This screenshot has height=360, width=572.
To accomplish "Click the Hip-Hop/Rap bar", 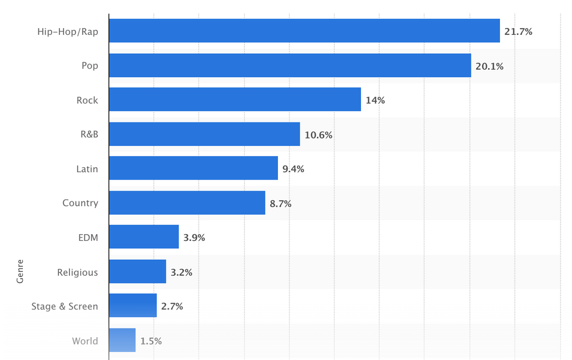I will coord(304,31).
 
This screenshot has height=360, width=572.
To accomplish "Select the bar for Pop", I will coord(289,65).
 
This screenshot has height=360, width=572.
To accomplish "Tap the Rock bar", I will coord(235,100).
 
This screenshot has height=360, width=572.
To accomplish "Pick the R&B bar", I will coord(204,134).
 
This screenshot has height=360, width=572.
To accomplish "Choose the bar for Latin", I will coord(193,168).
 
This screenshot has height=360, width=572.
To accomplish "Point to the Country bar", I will coord(187,203).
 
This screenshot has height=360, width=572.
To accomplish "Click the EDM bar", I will coord(144,237).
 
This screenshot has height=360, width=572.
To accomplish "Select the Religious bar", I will coord(137,271).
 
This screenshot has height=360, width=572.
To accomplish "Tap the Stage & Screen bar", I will coord(133,306).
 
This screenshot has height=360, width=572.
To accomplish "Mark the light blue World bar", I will coord(122,340).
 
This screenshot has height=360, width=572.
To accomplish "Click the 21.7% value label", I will coord(518,32).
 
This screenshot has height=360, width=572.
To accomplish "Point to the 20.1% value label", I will coord(489,66).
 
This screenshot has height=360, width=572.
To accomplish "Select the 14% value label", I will coord(375,101).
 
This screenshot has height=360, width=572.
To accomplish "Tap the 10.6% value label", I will coord(318,135).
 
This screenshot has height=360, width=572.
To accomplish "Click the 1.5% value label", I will coord(151,341).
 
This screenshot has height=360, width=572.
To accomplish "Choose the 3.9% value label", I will coord(194,238).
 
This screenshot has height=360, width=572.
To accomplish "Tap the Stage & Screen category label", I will coord(65,306).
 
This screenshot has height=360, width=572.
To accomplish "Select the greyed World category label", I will coord(85,341).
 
